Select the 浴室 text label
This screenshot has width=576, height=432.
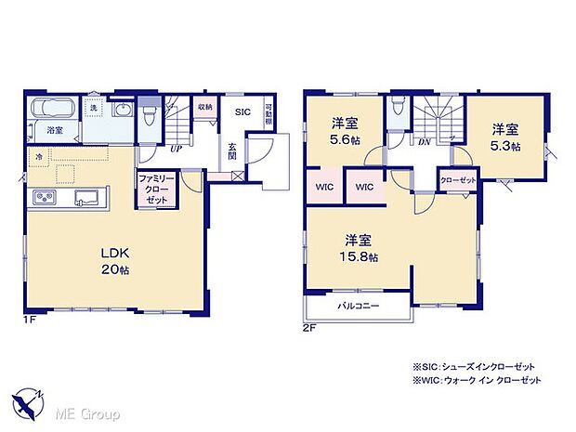(x=55, y=131)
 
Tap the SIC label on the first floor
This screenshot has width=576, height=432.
(x=242, y=111)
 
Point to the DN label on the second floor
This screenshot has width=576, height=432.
(x=423, y=142)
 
